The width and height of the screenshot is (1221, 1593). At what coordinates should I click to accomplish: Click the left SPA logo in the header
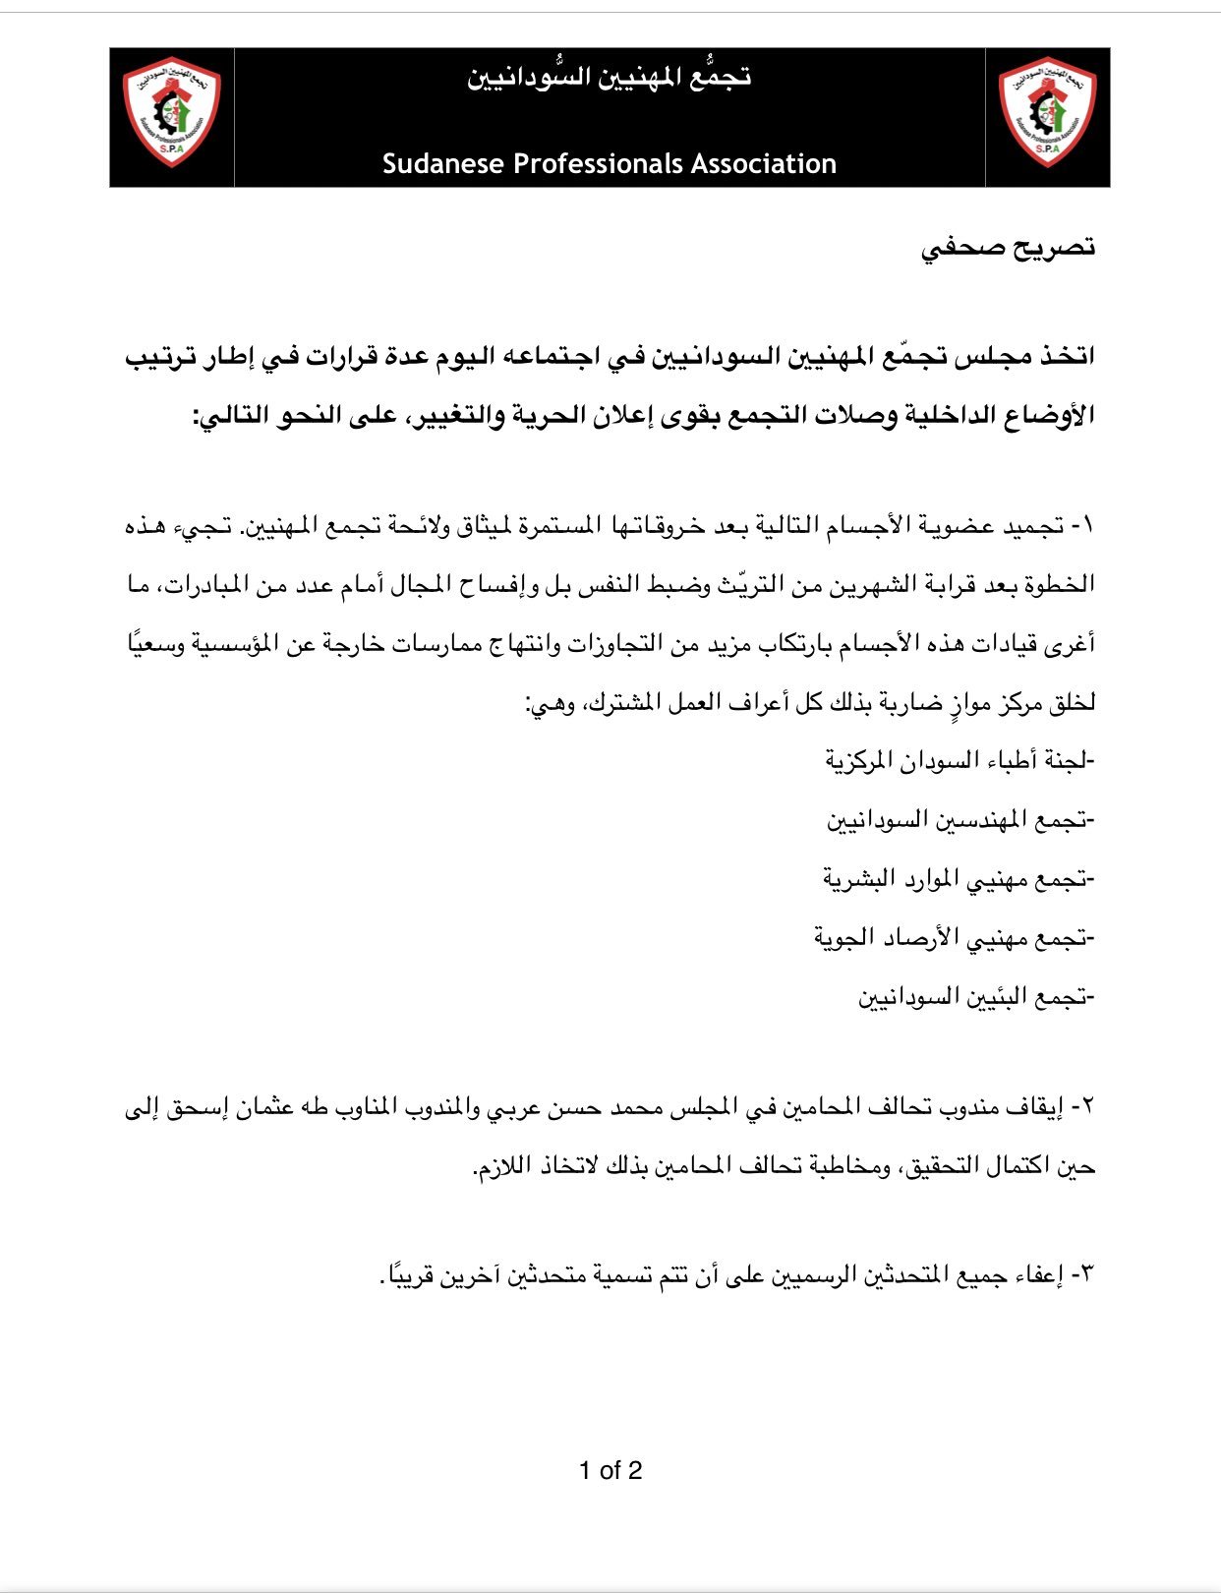(x=171, y=116)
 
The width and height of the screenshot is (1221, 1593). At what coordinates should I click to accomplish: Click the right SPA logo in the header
(x=1047, y=116)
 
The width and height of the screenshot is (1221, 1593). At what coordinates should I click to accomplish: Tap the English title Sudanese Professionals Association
(x=610, y=163)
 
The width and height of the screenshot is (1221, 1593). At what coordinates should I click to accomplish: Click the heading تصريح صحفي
(x=1009, y=248)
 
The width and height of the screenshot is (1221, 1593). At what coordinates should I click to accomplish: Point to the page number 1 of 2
(x=610, y=1470)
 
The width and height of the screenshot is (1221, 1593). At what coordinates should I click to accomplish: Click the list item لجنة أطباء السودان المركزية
(x=959, y=760)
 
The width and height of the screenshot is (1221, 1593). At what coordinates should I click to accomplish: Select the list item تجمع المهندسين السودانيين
(x=959, y=819)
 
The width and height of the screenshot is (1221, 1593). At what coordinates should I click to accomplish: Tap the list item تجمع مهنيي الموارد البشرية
(x=959, y=878)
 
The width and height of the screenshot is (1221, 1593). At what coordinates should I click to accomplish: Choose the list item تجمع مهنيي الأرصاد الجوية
(x=954, y=938)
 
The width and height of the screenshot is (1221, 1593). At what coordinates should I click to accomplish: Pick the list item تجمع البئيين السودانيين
(x=975, y=997)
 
